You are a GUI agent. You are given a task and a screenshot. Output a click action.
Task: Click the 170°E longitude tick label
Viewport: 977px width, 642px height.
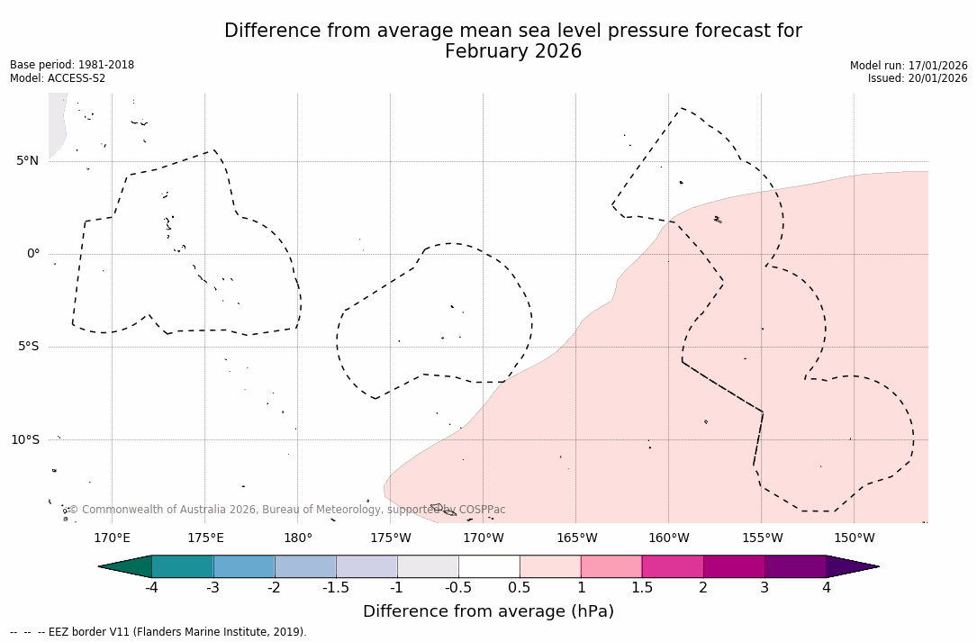click(x=112, y=538)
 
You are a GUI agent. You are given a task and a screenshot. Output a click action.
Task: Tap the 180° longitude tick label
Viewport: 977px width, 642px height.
click(x=297, y=538)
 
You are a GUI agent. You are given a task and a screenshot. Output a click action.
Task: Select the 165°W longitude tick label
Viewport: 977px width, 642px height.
click(x=576, y=538)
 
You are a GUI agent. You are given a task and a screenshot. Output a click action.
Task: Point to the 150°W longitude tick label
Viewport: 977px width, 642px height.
click(x=854, y=538)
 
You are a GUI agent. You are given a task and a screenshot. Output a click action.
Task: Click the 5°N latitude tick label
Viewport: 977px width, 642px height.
click(x=27, y=161)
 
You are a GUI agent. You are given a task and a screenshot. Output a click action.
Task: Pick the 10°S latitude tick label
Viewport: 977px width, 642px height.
click(x=24, y=439)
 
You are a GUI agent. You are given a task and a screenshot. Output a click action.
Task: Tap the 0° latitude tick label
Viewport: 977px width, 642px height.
click(x=32, y=254)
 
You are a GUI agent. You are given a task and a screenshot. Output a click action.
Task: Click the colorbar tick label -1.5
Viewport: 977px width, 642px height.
click(x=336, y=588)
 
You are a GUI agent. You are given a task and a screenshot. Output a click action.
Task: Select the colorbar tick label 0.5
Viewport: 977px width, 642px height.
click(x=520, y=588)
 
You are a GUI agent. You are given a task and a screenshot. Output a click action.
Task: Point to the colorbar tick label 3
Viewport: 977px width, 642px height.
click(x=764, y=588)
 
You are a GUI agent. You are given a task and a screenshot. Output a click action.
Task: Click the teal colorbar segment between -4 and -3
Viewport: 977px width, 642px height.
click(x=183, y=566)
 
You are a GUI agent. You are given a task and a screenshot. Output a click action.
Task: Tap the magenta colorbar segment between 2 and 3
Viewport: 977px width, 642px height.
click(x=734, y=566)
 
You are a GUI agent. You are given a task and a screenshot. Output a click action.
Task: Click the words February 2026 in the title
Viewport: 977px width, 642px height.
click(x=513, y=52)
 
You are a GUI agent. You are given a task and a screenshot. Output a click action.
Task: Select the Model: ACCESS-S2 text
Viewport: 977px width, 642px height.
click(x=58, y=78)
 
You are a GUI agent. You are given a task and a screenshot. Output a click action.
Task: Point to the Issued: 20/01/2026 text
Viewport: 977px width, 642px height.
click(x=917, y=78)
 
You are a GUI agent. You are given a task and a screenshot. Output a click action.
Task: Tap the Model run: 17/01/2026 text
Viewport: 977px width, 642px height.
click(x=908, y=66)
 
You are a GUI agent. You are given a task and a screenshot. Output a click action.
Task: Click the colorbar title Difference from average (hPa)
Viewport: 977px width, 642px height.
click(x=488, y=612)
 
